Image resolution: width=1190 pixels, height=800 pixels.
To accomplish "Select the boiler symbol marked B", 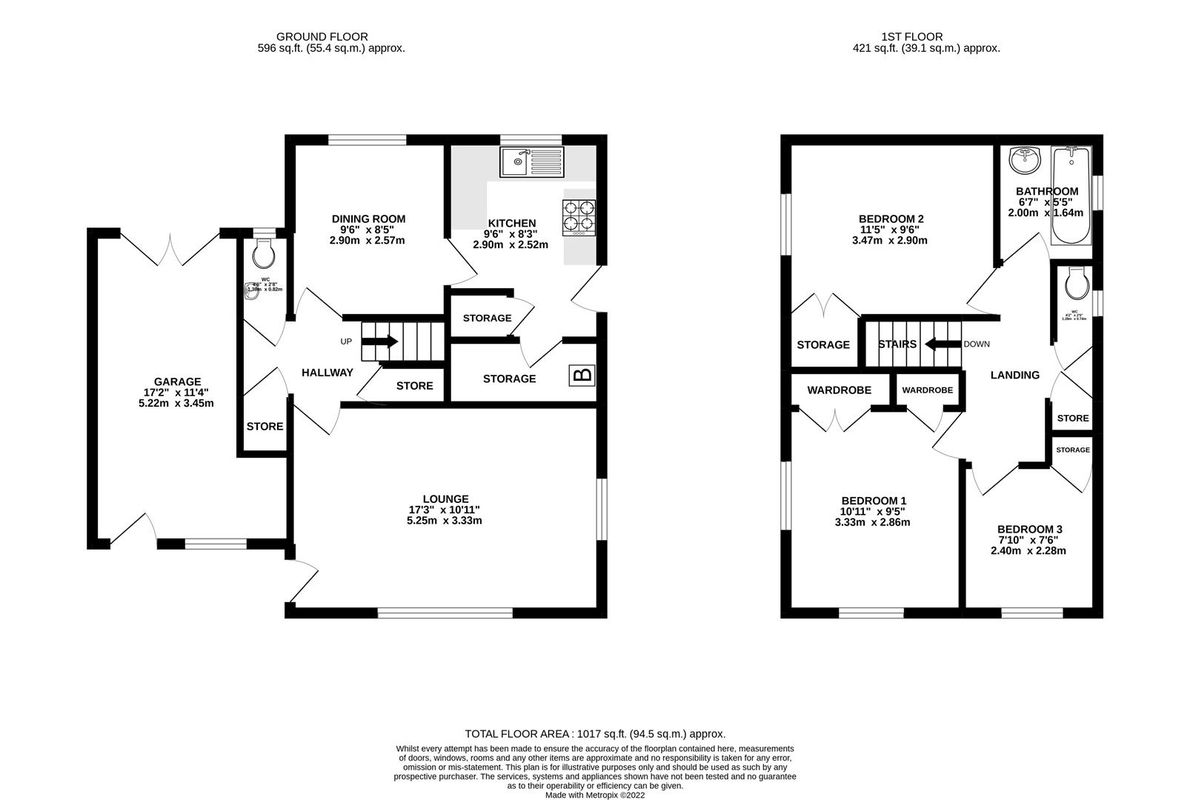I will (x=582, y=376).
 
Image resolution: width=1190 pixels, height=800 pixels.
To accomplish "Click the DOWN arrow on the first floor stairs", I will (x=940, y=344).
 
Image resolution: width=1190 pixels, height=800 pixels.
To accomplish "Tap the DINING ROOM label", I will (x=368, y=219).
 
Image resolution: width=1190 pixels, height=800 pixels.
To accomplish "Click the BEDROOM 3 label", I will (x=1029, y=529).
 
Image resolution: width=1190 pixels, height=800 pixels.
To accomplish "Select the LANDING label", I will (x=1014, y=375).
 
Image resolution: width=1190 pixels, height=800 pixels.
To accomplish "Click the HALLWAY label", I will (x=327, y=373).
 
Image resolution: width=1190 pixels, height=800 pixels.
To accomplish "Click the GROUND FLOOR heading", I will (x=322, y=36).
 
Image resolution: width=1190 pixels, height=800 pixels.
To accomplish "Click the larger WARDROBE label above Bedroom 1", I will (x=839, y=390).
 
